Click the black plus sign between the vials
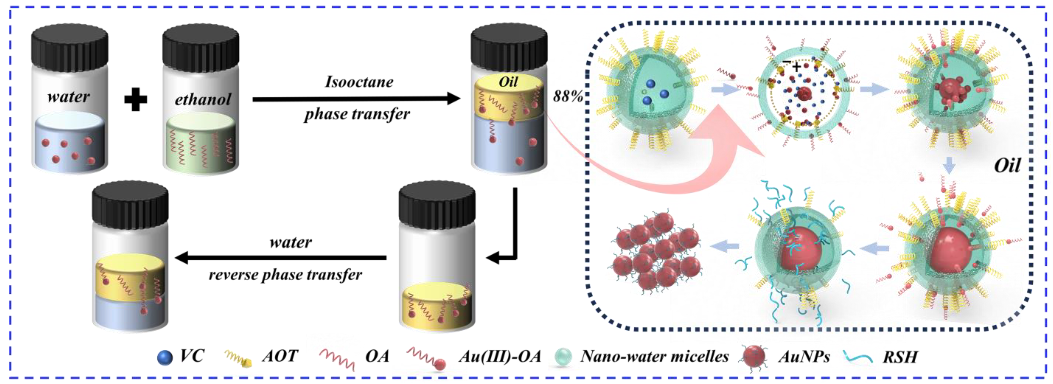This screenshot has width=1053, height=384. click(x=135, y=99)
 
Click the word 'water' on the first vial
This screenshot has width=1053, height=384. click(x=68, y=97)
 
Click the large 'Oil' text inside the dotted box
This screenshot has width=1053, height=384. click(x=1007, y=165)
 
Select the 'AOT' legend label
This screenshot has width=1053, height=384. click(x=280, y=356)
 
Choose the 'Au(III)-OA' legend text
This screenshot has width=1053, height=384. click(x=500, y=356)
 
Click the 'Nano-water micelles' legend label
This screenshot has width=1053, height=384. click(x=654, y=356)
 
